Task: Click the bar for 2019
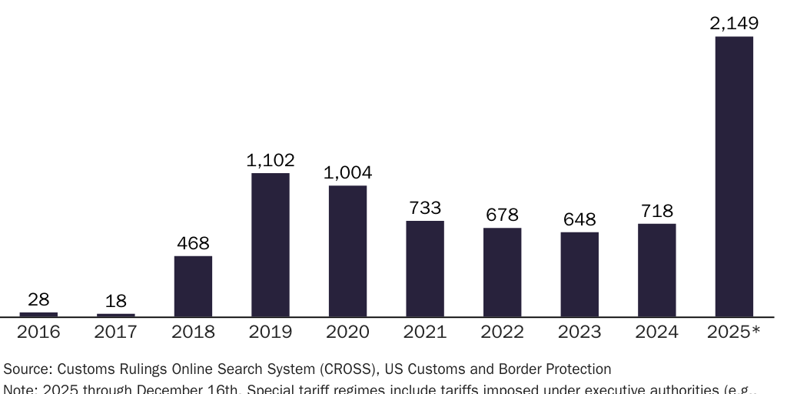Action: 271,245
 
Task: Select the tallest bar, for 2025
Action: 734,176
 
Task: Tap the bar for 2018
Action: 193,286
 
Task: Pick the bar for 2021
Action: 425,269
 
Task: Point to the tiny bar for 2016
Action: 38,314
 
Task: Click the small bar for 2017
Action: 116,315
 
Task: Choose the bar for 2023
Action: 579,274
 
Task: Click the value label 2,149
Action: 734,25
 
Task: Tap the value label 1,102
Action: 271,161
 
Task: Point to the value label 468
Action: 193,244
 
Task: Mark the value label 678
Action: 503,215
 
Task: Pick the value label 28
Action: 38,300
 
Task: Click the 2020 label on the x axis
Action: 347,332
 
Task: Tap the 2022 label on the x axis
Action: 503,332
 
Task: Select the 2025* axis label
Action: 734,332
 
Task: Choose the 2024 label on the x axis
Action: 657,332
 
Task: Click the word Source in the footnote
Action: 25,369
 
